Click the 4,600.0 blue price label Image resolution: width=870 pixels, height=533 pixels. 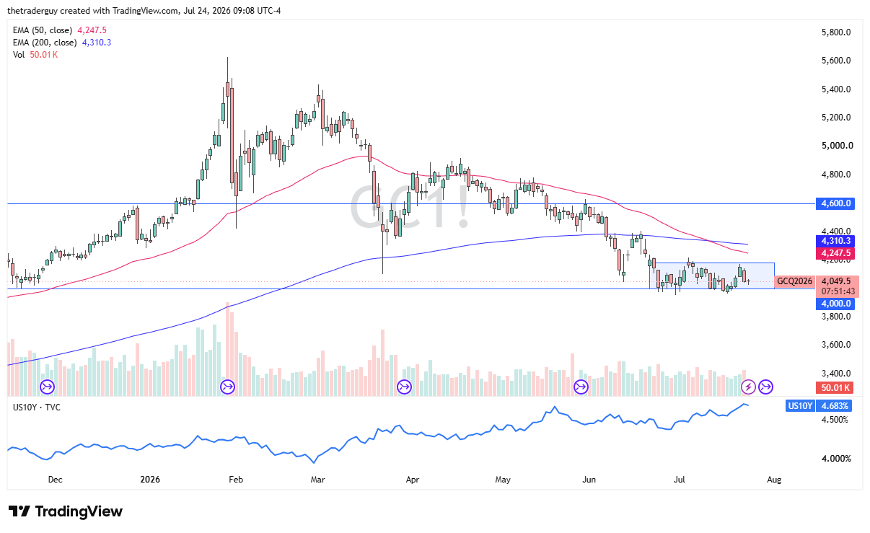(x=835, y=203)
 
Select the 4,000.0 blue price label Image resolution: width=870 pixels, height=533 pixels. (x=835, y=304)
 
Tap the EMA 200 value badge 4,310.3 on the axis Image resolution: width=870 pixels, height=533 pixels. (x=835, y=241)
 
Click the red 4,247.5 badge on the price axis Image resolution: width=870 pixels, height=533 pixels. (x=835, y=253)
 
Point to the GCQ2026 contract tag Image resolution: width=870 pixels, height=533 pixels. (x=794, y=281)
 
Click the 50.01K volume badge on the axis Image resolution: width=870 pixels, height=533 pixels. (x=835, y=387)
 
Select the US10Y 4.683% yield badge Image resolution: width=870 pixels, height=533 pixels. (x=819, y=406)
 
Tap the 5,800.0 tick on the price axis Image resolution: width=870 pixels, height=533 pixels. (x=836, y=32)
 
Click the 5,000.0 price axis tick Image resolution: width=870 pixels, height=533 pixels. (x=837, y=146)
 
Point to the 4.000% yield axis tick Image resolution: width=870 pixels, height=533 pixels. (x=836, y=459)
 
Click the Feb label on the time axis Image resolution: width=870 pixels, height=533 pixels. (x=236, y=480)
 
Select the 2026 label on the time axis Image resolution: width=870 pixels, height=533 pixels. (x=150, y=480)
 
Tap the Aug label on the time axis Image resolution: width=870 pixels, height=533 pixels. (x=773, y=480)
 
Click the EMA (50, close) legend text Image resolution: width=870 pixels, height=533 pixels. (x=43, y=30)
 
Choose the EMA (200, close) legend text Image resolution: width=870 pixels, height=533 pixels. (x=45, y=43)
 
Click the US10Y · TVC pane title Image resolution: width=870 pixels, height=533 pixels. (x=37, y=408)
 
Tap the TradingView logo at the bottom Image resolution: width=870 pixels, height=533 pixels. (x=65, y=511)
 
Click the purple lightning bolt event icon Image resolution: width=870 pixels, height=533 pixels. (x=748, y=387)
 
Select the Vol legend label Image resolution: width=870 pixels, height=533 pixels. (x=19, y=55)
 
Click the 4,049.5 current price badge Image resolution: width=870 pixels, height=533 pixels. (x=836, y=281)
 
